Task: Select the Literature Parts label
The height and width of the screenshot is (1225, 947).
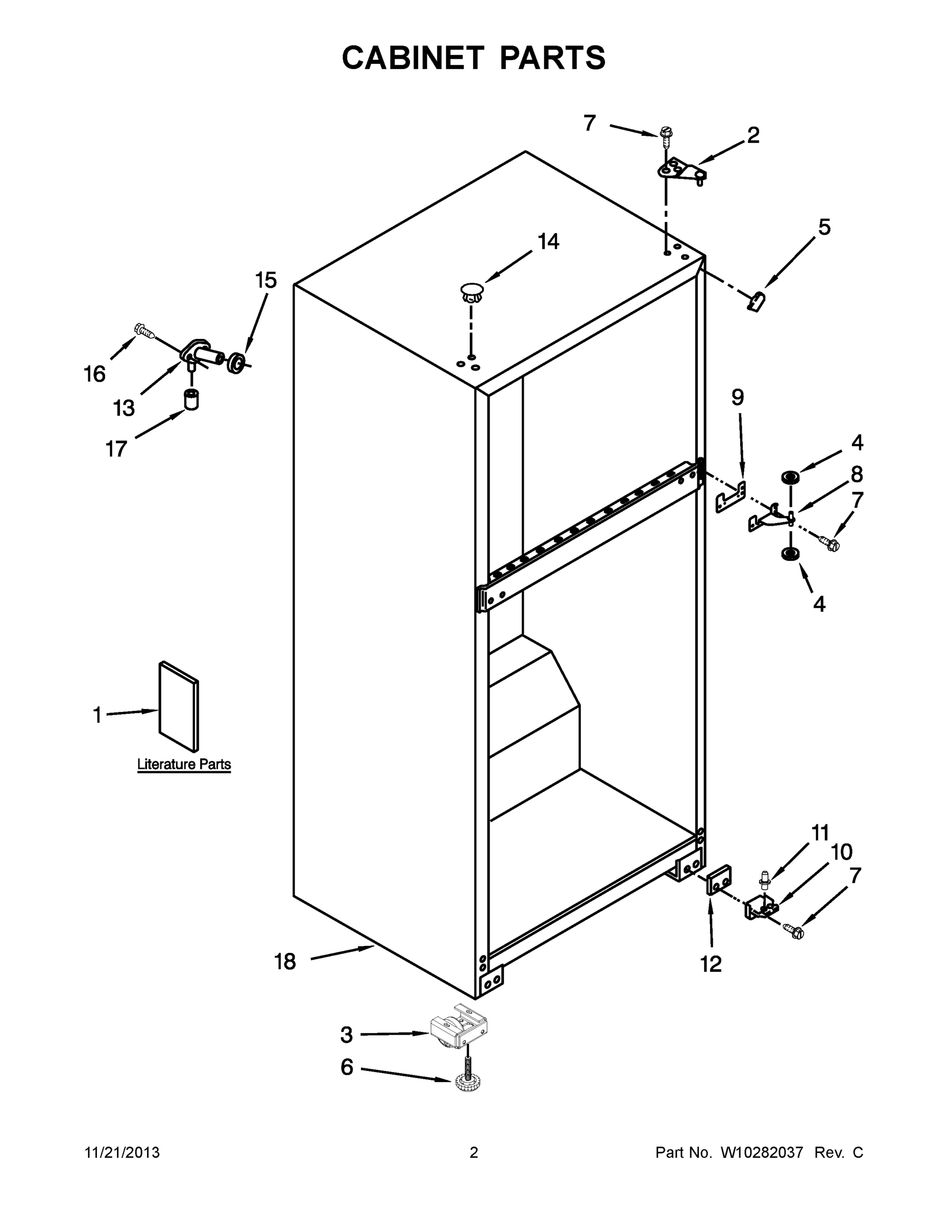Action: click(184, 764)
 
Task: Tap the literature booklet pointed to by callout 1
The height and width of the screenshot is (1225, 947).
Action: click(178, 706)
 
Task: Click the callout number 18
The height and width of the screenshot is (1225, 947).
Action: click(285, 962)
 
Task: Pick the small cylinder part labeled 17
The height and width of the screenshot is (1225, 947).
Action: click(192, 399)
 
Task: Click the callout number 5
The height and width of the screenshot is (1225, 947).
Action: click(824, 227)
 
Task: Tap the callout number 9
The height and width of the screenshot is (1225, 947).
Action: click(738, 397)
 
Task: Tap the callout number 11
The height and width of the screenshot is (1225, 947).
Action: click(820, 833)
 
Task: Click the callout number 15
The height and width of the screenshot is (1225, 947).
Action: click(266, 280)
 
